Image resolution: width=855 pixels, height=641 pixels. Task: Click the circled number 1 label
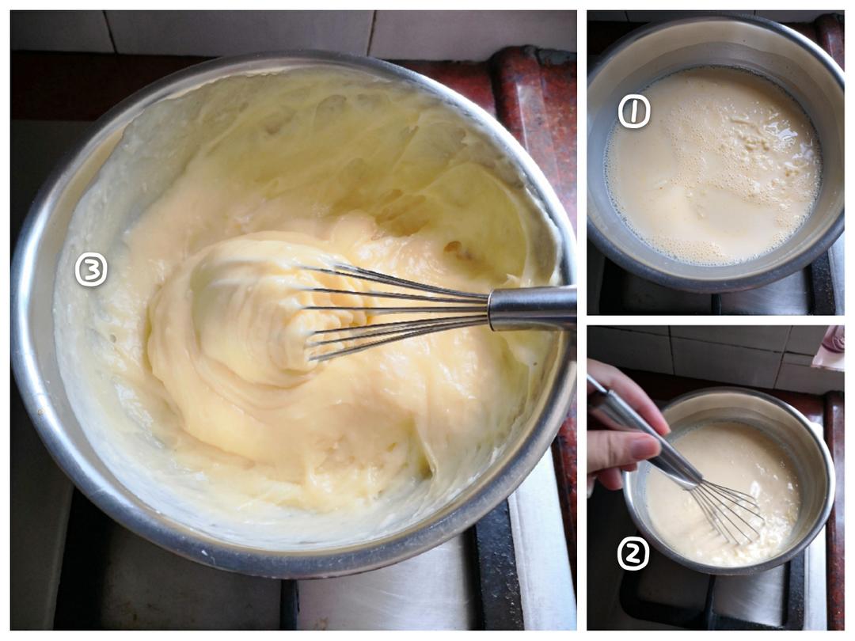tap(634, 112)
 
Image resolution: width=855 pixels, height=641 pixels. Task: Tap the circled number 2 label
tap(633, 554)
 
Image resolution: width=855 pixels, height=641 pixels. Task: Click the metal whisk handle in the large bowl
tap(532, 307)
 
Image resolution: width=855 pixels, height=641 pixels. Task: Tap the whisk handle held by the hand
tap(644, 436)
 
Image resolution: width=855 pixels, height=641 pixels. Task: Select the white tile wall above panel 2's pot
tap(709, 355)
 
